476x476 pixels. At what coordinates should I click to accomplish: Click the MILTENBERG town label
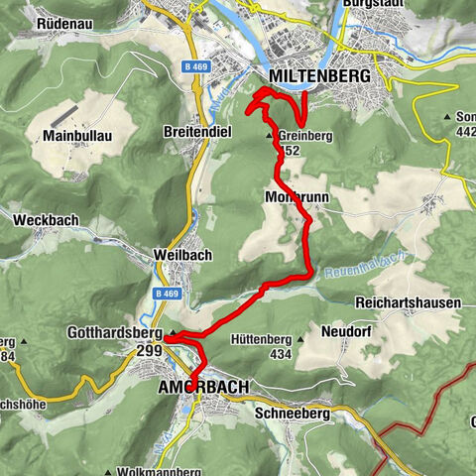point(319,76)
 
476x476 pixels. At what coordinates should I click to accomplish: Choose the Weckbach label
point(40,219)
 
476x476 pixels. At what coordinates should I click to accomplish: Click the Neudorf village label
point(346,332)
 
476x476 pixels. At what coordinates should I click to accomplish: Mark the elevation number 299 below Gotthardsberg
point(149,350)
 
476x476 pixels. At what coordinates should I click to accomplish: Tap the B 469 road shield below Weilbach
point(169,294)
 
